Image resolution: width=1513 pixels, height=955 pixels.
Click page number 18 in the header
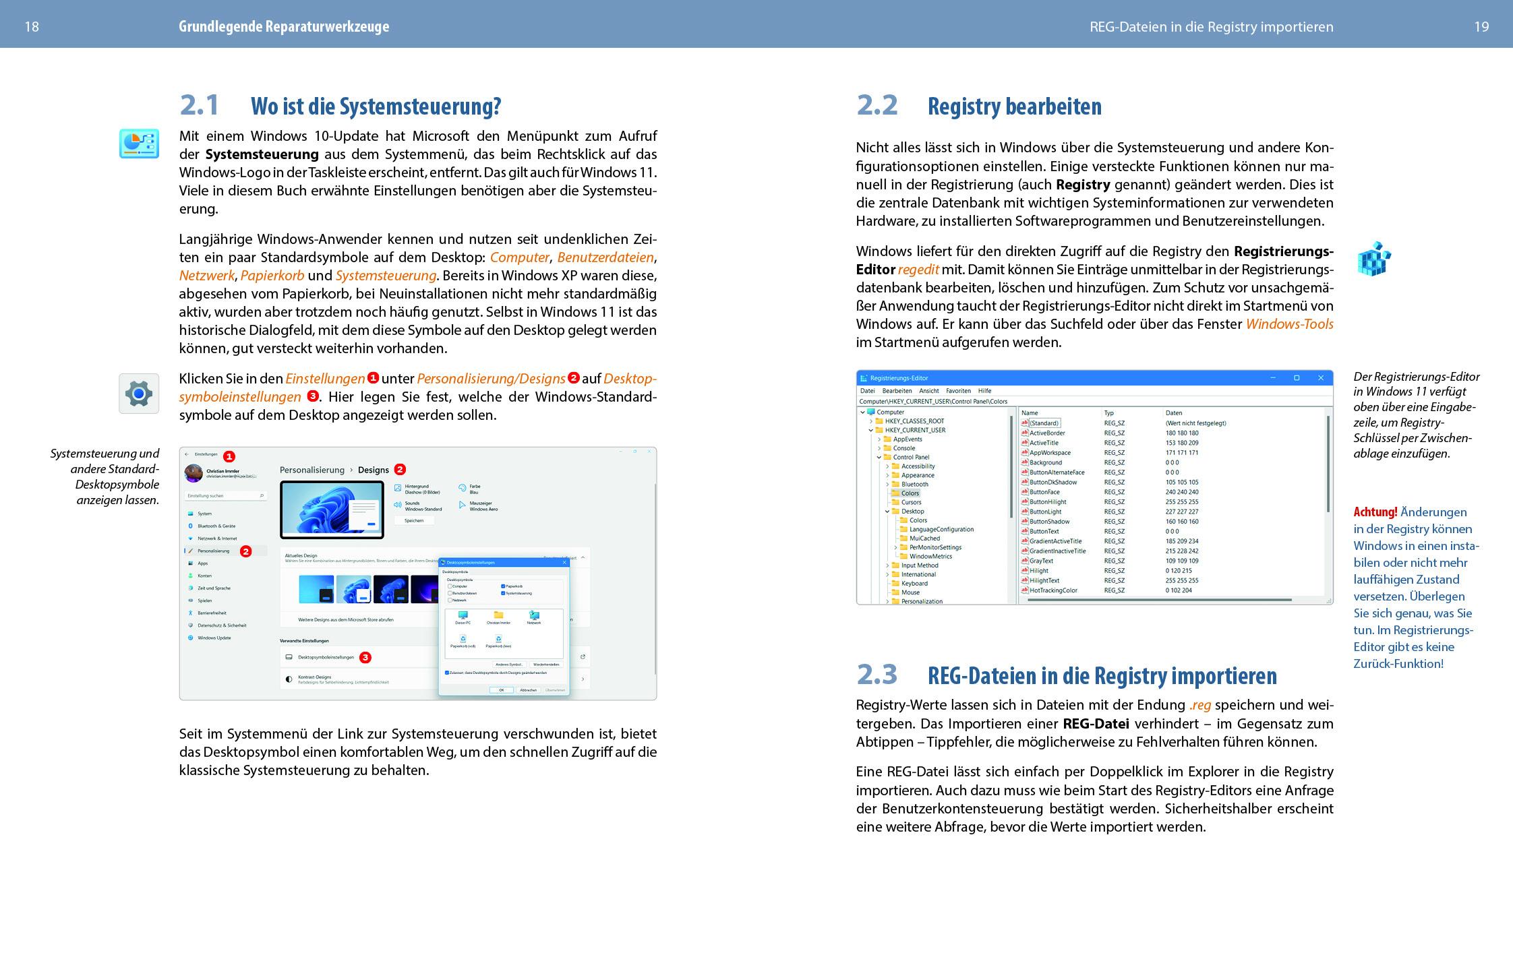click(32, 27)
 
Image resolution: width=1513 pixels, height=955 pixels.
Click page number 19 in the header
click(1481, 27)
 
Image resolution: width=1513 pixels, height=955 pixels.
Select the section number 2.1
click(200, 105)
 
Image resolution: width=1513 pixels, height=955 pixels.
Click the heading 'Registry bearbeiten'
click(1014, 106)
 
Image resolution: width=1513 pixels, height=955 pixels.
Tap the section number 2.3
click(877, 674)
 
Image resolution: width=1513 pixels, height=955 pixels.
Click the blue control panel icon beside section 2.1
click(139, 144)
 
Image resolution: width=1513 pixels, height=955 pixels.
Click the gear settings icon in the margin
click(139, 394)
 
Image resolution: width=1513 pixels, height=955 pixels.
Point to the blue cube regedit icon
click(1373, 259)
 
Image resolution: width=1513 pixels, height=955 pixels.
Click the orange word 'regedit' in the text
click(918, 270)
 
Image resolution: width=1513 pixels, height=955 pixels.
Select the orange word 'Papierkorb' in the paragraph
click(272, 276)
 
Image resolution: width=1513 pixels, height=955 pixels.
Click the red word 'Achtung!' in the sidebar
click(1375, 512)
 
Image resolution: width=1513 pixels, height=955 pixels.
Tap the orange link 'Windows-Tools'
click(1289, 324)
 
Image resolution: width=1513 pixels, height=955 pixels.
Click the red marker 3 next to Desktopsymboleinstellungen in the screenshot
click(365, 657)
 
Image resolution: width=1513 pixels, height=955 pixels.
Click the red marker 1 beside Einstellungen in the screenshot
click(229, 456)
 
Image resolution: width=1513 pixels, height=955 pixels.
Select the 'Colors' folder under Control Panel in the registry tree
click(910, 493)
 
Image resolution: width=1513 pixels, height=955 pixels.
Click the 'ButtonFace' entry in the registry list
click(1044, 492)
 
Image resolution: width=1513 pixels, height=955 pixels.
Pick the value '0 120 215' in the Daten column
click(1178, 571)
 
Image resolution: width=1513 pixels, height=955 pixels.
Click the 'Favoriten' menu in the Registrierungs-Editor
click(958, 391)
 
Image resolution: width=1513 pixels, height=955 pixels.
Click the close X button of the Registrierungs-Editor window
click(1320, 378)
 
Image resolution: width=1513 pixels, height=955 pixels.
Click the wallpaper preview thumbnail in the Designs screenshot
click(332, 510)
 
